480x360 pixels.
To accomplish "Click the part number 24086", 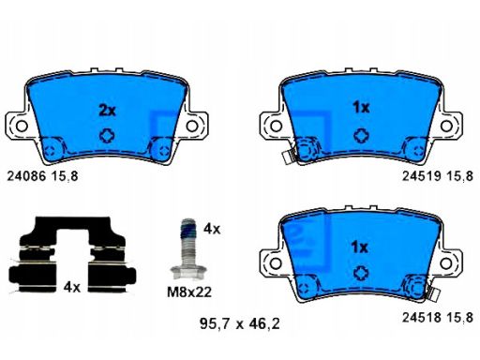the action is pos(26,176).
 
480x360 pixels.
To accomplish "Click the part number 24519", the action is pos(421,176).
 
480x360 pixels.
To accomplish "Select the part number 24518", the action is pos(421,318).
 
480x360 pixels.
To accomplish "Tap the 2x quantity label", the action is pos(107,111).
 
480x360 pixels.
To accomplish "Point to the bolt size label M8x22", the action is pos(189,292).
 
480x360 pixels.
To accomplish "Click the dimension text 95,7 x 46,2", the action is pos(240,323).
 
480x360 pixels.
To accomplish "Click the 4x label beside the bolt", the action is pos(212,229).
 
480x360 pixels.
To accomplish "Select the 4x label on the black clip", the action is pos(72,287).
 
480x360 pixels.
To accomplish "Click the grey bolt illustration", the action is pos(188,248).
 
